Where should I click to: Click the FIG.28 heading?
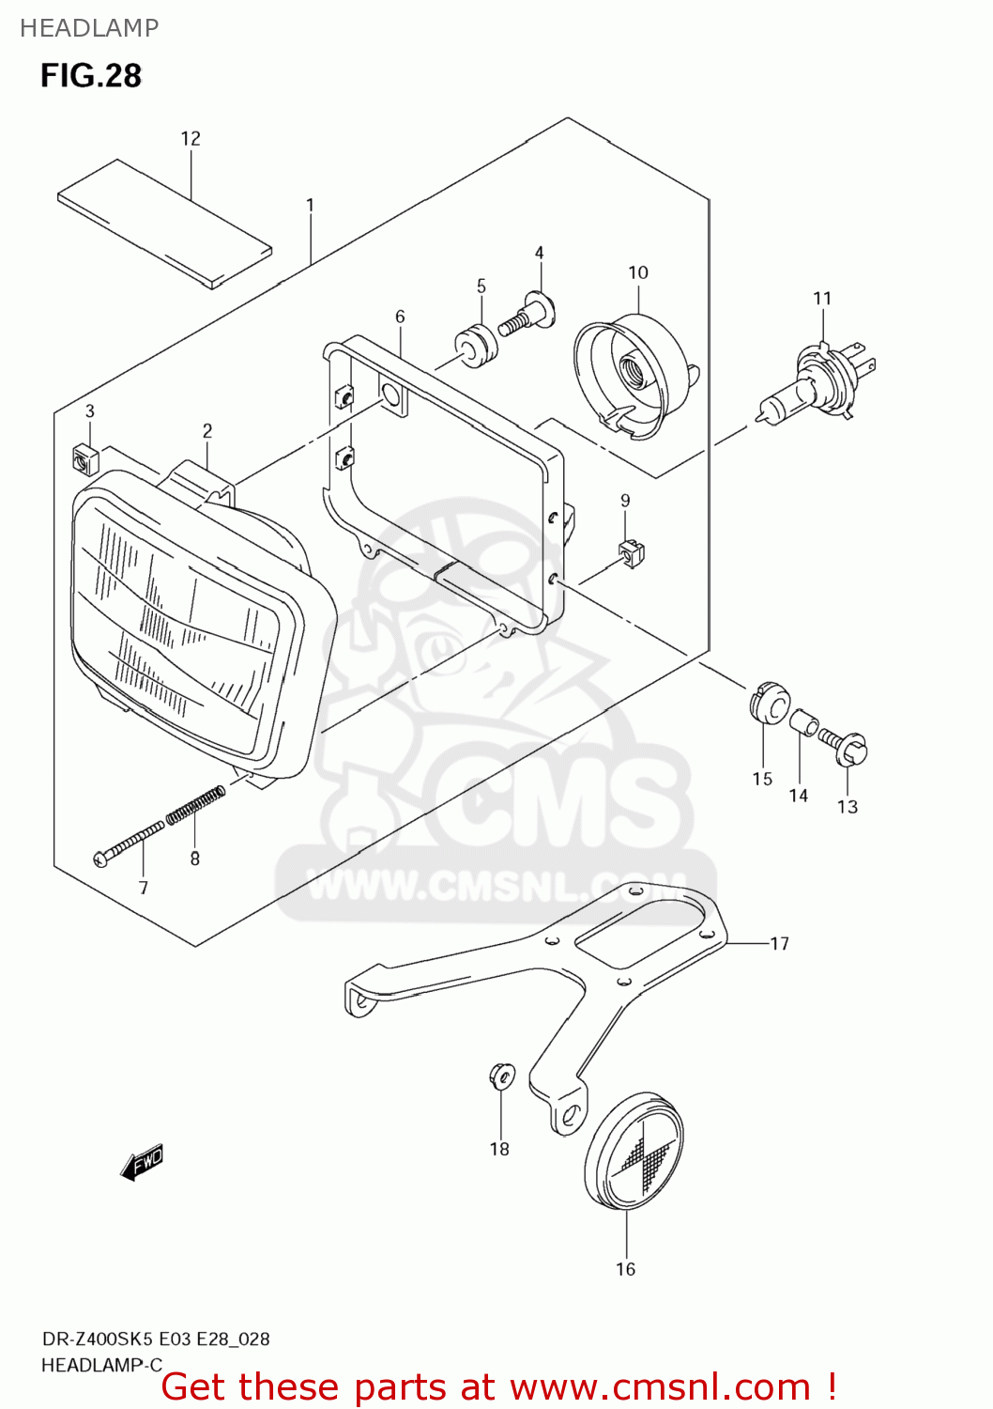pyautogui.click(x=91, y=75)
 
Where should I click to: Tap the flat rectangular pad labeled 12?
pyautogui.click(x=164, y=223)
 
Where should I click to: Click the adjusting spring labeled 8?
pyautogui.click(x=195, y=805)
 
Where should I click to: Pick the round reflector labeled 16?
pyautogui.click(x=634, y=1150)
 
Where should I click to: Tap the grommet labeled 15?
pyautogui.click(x=770, y=703)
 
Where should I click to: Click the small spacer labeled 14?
pyautogui.click(x=804, y=724)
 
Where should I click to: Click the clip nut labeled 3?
pyautogui.click(x=86, y=457)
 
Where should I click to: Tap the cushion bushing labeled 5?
pyautogui.click(x=477, y=344)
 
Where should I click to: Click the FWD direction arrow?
pyautogui.click(x=142, y=1162)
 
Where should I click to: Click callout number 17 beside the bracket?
pyautogui.click(x=779, y=943)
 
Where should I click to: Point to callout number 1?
pyautogui.click(x=310, y=205)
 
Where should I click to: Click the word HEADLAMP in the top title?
pyautogui.click(x=89, y=28)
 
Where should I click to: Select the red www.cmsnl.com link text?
pyautogui.click(x=660, y=1387)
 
